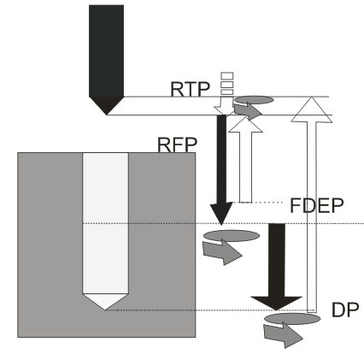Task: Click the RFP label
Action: pyautogui.click(x=177, y=143)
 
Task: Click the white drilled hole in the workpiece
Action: pyautogui.click(x=105, y=222)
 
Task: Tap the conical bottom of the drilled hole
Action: pyautogui.click(x=105, y=301)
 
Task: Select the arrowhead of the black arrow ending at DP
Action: pyautogui.click(x=277, y=299)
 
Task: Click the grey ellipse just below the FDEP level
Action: pyautogui.click(x=228, y=235)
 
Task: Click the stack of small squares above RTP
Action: pyautogui.click(x=226, y=83)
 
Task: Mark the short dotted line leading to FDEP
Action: pyautogui.click(x=269, y=203)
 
